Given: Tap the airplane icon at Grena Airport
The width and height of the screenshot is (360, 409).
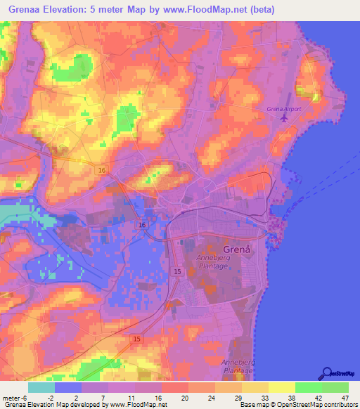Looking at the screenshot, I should click(284, 117).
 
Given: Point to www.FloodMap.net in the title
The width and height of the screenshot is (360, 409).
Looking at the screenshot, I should click(200, 10).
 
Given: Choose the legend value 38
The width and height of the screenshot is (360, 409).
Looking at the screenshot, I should click(290, 398).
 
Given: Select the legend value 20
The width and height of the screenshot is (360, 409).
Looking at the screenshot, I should click(184, 398).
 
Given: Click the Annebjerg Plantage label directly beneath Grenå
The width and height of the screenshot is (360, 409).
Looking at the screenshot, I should click(217, 262).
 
